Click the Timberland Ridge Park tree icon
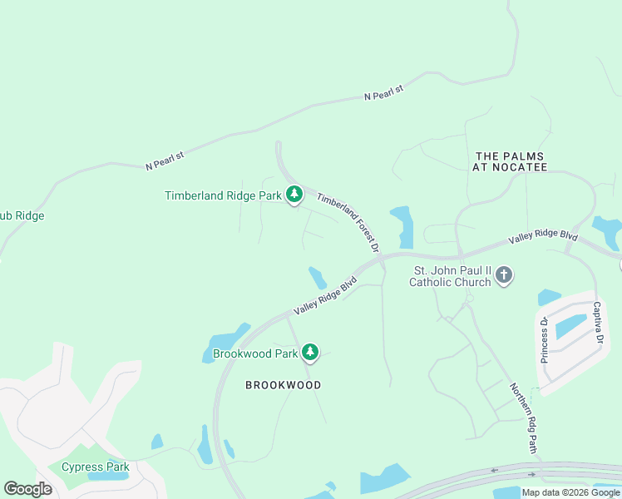(294, 195)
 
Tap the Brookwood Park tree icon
(310, 353)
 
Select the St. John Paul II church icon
(504, 275)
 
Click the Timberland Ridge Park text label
(224, 196)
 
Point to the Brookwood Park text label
(255, 353)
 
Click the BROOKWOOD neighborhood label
(283, 385)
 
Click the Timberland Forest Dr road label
(348, 222)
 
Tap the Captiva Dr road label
(596, 322)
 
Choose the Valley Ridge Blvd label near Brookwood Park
(324, 296)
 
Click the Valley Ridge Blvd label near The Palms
(543, 237)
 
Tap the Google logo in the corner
(27, 488)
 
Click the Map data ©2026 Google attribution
(570, 492)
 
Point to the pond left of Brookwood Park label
(223, 342)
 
